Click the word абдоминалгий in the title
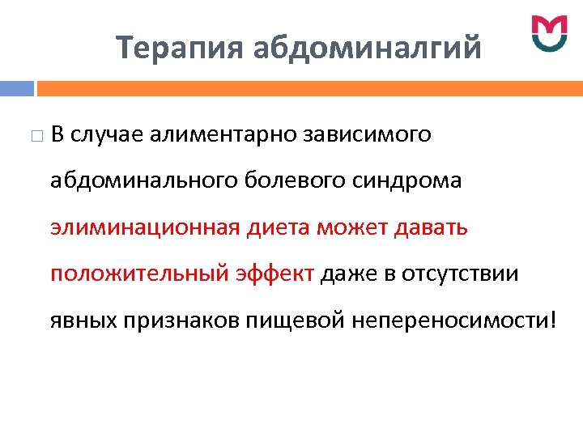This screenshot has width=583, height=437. point(368,48)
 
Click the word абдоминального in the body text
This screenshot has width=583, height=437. point(143,180)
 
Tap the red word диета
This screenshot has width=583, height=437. point(279,227)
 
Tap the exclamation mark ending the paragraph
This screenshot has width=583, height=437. point(553,320)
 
